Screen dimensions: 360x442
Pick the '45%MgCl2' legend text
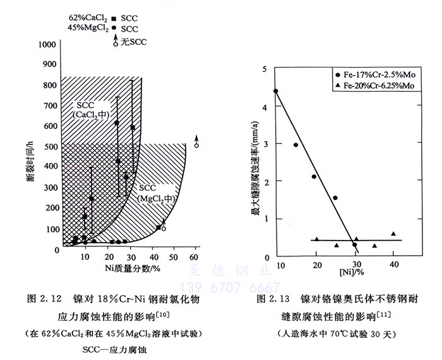pyautogui.click(x=87, y=28)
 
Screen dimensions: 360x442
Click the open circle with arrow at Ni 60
pyautogui.click(x=196, y=145)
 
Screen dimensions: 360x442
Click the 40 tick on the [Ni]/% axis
pyautogui.click(x=393, y=263)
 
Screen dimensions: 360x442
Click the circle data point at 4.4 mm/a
pyautogui.click(x=275, y=91)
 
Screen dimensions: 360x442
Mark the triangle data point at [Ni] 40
pyautogui.click(x=393, y=234)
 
